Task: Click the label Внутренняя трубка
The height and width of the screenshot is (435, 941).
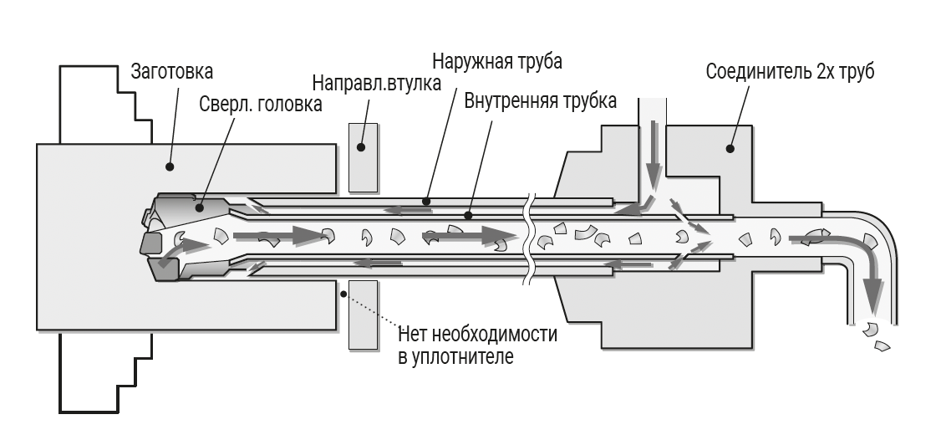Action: [x=539, y=102]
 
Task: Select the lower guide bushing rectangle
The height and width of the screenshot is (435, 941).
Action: [x=363, y=315]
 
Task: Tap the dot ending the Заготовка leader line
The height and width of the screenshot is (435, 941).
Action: [x=170, y=167]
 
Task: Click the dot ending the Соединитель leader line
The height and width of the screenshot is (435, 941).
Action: [x=730, y=149]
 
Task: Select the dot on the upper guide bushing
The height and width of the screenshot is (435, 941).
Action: [x=363, y=148]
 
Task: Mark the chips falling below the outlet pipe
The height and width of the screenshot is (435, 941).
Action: [x=876, y=334]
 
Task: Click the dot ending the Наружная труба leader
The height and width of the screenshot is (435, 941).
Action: [x=425, y=201]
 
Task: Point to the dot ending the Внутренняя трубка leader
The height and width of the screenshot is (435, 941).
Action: [x=468, y=216]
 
